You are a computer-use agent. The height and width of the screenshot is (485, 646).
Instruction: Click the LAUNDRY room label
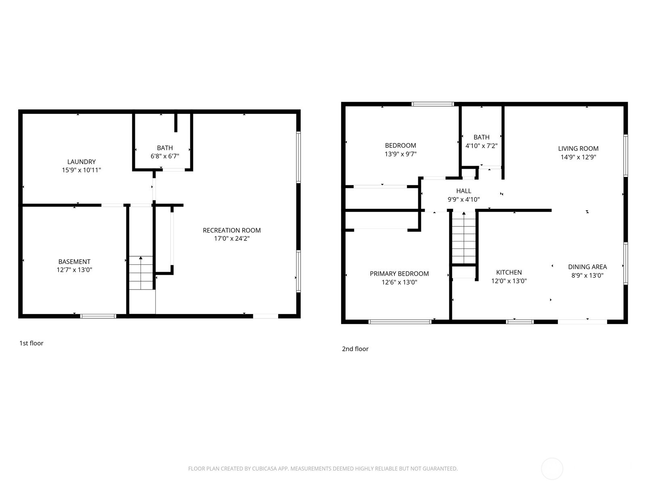click(x=81, y=162)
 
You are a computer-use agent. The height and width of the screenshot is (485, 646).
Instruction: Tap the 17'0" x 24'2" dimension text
click(x=231, y=239)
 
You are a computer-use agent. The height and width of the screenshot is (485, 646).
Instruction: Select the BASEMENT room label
click(x=74, y=261)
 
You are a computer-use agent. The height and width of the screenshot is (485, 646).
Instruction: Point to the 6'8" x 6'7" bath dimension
click(x=165, y=156)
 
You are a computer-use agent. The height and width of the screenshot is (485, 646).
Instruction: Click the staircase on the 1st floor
click(x=141, y=273)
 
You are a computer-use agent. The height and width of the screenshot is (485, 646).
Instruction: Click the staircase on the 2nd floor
click(x=464, y=238)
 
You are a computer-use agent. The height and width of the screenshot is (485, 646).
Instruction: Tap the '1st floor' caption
click(x=31, y=343)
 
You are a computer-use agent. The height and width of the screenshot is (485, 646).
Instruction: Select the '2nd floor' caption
click(x=355, y=349)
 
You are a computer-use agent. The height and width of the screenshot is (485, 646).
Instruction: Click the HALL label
click(x=464, y=191)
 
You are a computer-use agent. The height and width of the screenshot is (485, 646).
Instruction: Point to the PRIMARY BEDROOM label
click(x=399, y=274)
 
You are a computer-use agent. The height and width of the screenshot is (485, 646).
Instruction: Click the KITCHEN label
click(x=509, y=272)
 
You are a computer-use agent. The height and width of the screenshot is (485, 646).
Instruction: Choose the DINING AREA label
click(x=587, y=267)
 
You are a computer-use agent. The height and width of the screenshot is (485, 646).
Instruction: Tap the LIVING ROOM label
click(x=578, y=148)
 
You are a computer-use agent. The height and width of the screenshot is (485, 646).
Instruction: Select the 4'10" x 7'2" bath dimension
click(x=481, y=146)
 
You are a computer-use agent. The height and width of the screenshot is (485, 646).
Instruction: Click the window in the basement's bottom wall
click(x=98, y=316)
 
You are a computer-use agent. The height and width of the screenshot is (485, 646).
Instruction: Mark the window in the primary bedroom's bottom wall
click(x=400, y=322)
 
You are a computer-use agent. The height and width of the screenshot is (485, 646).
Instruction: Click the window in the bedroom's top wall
click(x=432, y=104)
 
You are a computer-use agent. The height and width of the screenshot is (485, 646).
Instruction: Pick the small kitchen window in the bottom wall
click(x=520, y=322)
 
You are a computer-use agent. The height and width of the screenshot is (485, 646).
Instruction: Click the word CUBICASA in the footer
click(x=264, y=469)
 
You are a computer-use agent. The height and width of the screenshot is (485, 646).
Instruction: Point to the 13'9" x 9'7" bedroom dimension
click(x=400, y=154)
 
